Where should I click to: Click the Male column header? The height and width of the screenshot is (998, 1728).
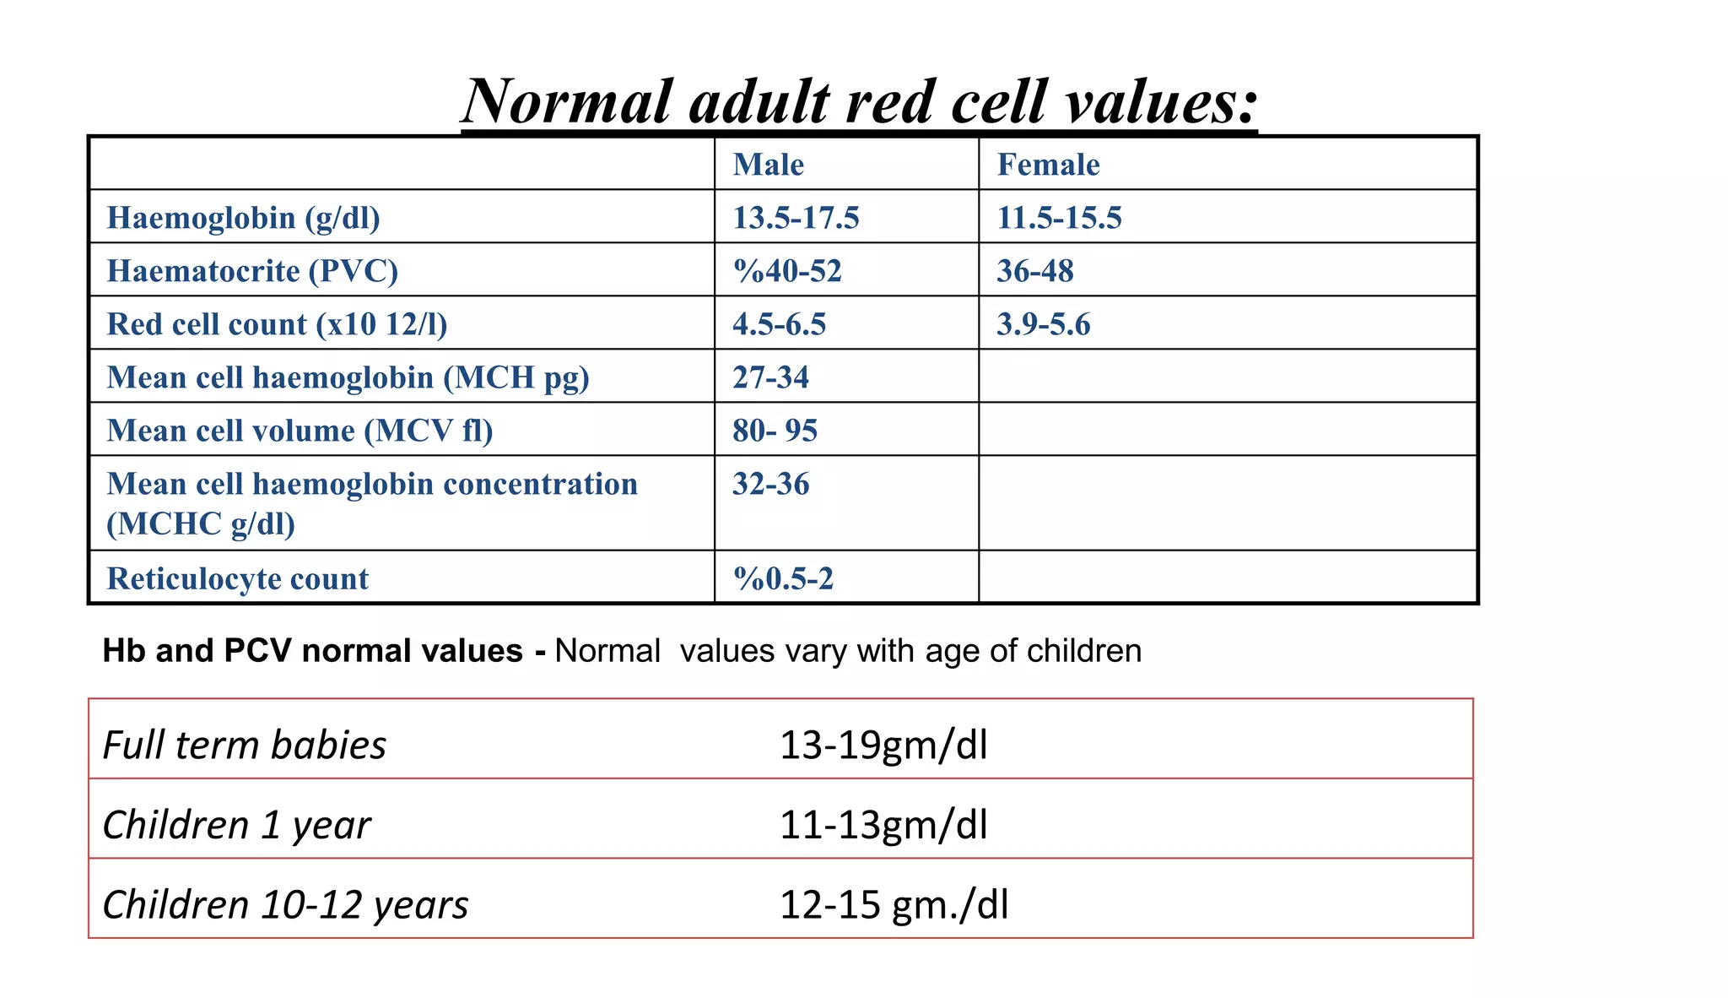(x=768, y=165)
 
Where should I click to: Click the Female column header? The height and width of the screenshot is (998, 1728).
(x=1048, y=165)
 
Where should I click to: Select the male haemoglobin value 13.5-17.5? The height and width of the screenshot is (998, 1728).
(x=796, y=218)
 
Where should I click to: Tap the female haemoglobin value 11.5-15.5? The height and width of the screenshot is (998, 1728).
(x=1059, y=218)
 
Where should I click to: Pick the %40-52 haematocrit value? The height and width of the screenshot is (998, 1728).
(x=787, y=271)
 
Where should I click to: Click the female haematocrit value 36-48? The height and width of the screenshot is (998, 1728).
(x=1034, y=271)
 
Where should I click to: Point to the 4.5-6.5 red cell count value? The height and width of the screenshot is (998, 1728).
(x=779, y=324)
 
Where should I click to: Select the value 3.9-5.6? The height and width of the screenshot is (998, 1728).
(x=1043, y=324)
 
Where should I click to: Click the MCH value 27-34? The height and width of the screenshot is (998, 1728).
(x=770, y=377)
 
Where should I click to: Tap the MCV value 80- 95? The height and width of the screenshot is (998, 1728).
(x=775, y=431)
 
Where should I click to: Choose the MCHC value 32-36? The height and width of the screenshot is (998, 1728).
(x=770, y=484)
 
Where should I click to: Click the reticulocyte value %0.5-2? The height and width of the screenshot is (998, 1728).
(x=783, y=578)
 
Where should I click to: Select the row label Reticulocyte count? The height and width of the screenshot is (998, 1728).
(x=237, y=578)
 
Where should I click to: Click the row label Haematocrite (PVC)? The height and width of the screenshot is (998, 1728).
(x=252, y=271)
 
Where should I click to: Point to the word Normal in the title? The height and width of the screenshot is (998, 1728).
(x=568, y=101)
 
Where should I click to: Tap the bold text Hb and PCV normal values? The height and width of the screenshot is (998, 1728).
(x=312, y=651)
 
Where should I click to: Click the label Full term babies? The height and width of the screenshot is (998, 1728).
(x=244, y=745)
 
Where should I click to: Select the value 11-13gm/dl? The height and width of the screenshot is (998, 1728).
(x=883, y=824)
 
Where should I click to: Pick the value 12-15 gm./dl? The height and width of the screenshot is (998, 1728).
(x=894, y=904)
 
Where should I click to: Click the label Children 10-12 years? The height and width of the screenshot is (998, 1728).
(x=285, y=904)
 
